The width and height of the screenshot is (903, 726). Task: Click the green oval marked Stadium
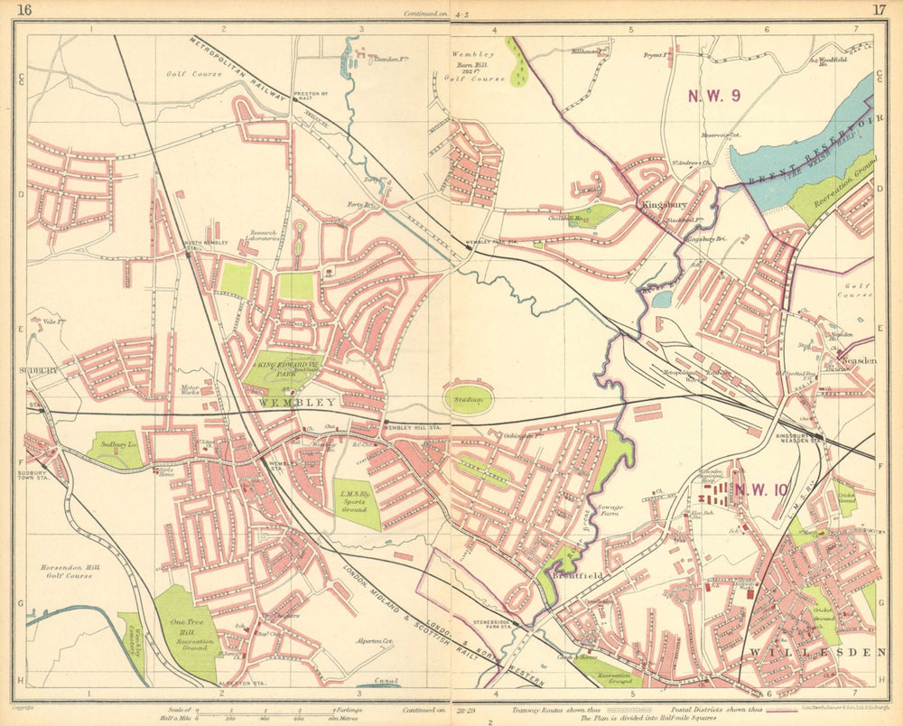469,398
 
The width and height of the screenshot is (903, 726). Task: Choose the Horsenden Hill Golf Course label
66,571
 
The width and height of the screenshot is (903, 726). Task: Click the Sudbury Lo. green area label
116,446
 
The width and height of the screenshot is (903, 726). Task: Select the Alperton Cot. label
377,639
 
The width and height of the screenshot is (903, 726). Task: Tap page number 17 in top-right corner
878,11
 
